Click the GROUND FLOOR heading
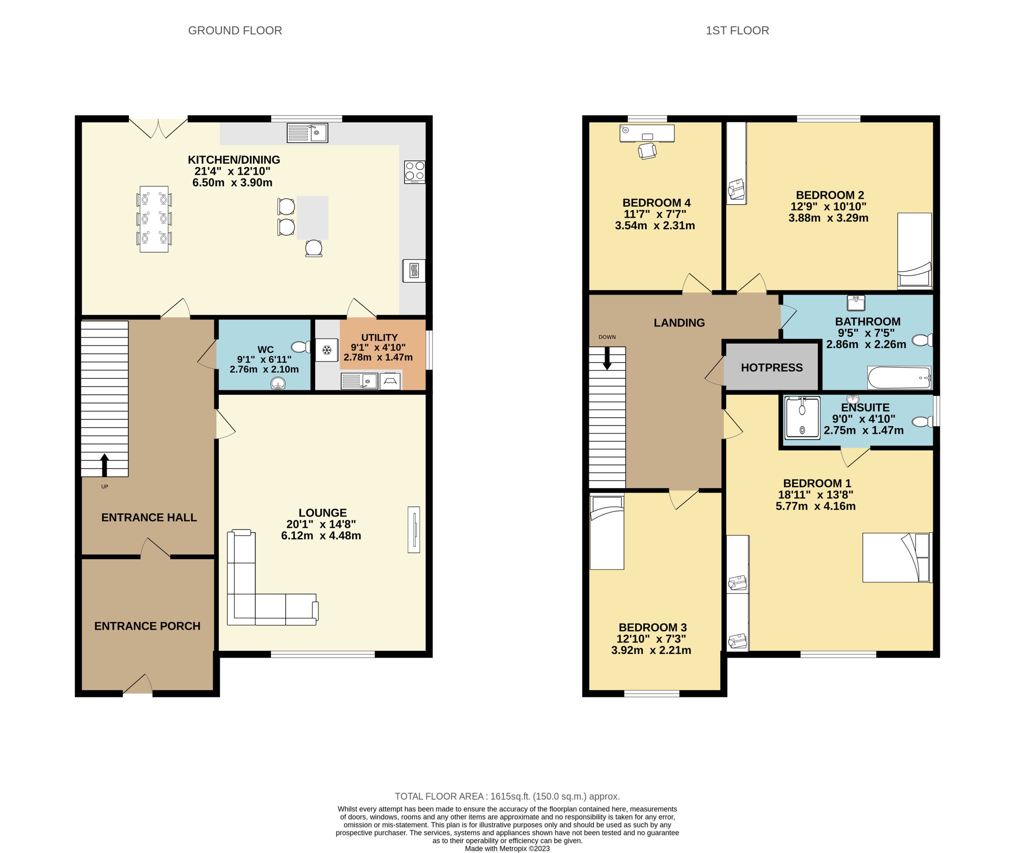pyautogui.click(x=235, y=30)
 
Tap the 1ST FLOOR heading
pyautogui.click(x=737, y=30)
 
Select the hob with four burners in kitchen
pyautogui.click(x=414, y=171)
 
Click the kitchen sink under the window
pyautogui.click(x=307, y=133)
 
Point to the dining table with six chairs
pyautogui.click(x=154, y=219)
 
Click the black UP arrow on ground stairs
pyautogui.click(x=105, y=464)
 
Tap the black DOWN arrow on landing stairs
pyautogui.click(x=607, y=359)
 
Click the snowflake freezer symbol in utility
pyautogui.click(x=327, y=350)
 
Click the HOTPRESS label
pyautogui.click(x=772, y=367)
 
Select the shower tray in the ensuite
pyautogui.click(x=802, y=418)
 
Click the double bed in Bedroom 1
pyautogui.click(x=897, y=558)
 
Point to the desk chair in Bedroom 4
pyautogui.click(x=647, y=151)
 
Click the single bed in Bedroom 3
pyautogui.click(x=607, y=532)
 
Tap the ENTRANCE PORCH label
pyautogui.click(x=147, y=626)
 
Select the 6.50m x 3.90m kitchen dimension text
pyautogui.click(x=232, y=183)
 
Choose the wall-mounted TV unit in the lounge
pyautogui.click(x=414, y=529)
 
